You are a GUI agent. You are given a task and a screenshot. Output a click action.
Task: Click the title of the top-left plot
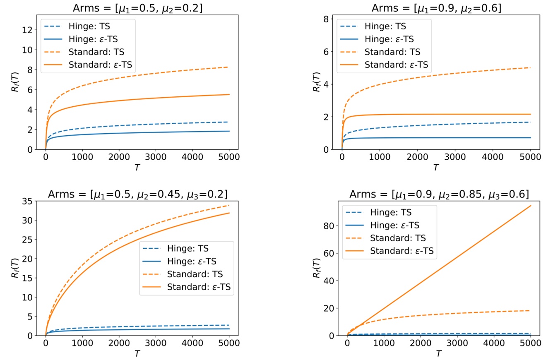pyautogui.click(x=137, y=8)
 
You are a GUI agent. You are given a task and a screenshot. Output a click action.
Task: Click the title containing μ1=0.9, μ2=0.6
pyautogui.click(x=436, y=8)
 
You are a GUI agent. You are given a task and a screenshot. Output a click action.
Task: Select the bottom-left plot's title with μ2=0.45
pyautogui.click(x=137, y=194)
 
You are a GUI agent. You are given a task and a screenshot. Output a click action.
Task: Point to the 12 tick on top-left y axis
pyautogui.click(x=28, y=30)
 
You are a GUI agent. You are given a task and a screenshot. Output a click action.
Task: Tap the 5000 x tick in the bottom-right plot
pyautogui.click(x=531, y=343)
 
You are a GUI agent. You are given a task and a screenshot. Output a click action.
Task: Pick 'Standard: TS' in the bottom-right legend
pyautogui.click(x=398, y=238)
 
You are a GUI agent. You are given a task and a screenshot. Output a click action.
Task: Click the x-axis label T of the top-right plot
pyautogui.click(x=435, y=168)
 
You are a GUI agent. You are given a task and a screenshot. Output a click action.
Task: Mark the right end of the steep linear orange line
pyautogui.click(x=531, y=206)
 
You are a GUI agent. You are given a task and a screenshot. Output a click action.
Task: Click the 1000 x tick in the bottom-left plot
pyautogui.click(x=82, y=343)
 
